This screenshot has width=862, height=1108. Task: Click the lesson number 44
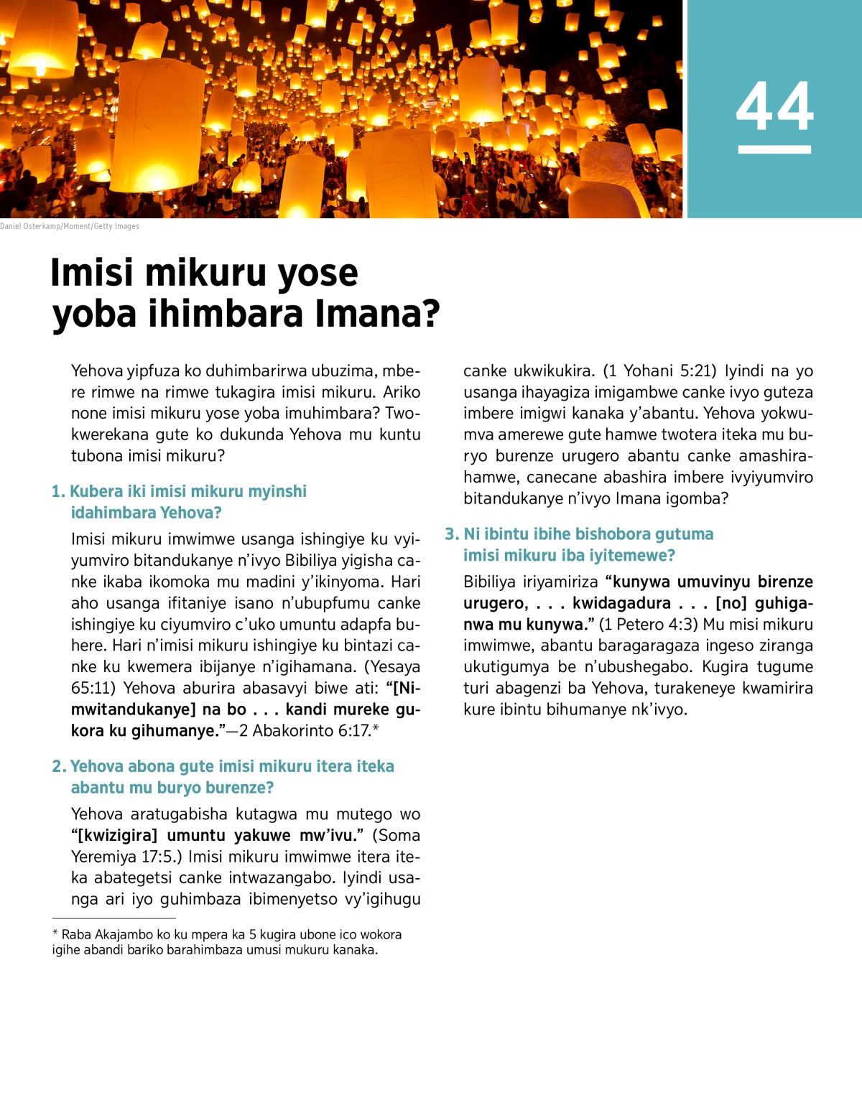click(x=774, y=107)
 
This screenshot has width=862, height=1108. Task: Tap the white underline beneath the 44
click(x=774, y=149)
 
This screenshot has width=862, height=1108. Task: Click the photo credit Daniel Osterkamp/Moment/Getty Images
click(x=70, y=226)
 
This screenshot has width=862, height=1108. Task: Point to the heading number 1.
click(x=58, y=492)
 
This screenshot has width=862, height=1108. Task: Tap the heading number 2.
click(x=59, y=767)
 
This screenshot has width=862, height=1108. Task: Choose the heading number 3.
click(x=451, y=534)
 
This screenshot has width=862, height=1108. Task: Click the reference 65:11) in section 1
click(x=93, y=688)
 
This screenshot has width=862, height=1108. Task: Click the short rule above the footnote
click(x=113, y=918)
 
